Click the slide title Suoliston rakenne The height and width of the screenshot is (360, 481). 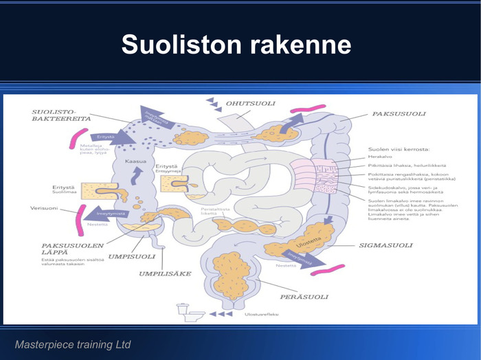(x=236, y=45)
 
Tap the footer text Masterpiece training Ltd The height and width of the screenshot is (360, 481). (x=73, y=344)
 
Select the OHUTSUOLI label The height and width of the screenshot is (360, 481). (x=251, y=104)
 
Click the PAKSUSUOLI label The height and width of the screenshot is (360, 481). (x=399, y=113)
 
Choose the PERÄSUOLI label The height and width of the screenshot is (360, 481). (x=303, y=297)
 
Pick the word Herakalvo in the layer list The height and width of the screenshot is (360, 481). (x=380, y=157)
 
